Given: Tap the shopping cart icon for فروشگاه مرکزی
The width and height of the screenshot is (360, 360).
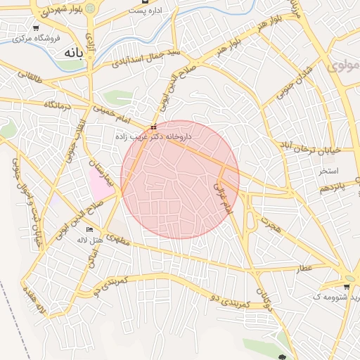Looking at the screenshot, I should pos(35,28).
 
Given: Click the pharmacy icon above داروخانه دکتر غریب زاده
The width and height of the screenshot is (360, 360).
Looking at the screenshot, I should pos(154,127).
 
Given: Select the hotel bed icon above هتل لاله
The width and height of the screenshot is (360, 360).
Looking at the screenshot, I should pos(89,230).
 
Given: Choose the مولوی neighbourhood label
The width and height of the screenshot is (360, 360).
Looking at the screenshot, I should pos(342,67).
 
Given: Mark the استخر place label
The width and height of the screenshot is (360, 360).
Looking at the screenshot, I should pos(328,171).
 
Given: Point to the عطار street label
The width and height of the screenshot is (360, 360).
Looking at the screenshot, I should pos(304,269).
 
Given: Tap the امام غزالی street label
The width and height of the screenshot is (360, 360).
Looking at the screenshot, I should pos(222,196).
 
